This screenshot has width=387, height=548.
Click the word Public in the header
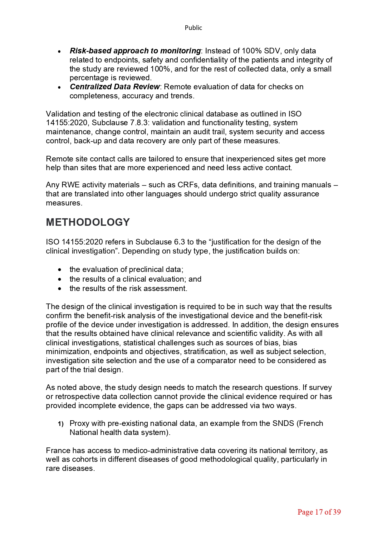point(193,28)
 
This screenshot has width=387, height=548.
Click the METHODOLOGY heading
point(88,222)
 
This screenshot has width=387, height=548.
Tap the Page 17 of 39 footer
point(319,512)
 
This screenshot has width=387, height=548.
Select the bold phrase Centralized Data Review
point(115,87)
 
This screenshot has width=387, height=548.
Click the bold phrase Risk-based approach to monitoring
point(135,51)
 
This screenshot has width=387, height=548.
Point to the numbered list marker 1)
point(61,424)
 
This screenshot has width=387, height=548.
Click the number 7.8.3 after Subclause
point(139,123)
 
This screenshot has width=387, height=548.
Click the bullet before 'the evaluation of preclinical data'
point(60,270)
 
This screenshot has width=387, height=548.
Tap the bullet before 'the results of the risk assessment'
point(60,289)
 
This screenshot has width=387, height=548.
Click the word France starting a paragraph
point(58,451)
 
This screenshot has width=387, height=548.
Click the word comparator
point(217,361)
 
